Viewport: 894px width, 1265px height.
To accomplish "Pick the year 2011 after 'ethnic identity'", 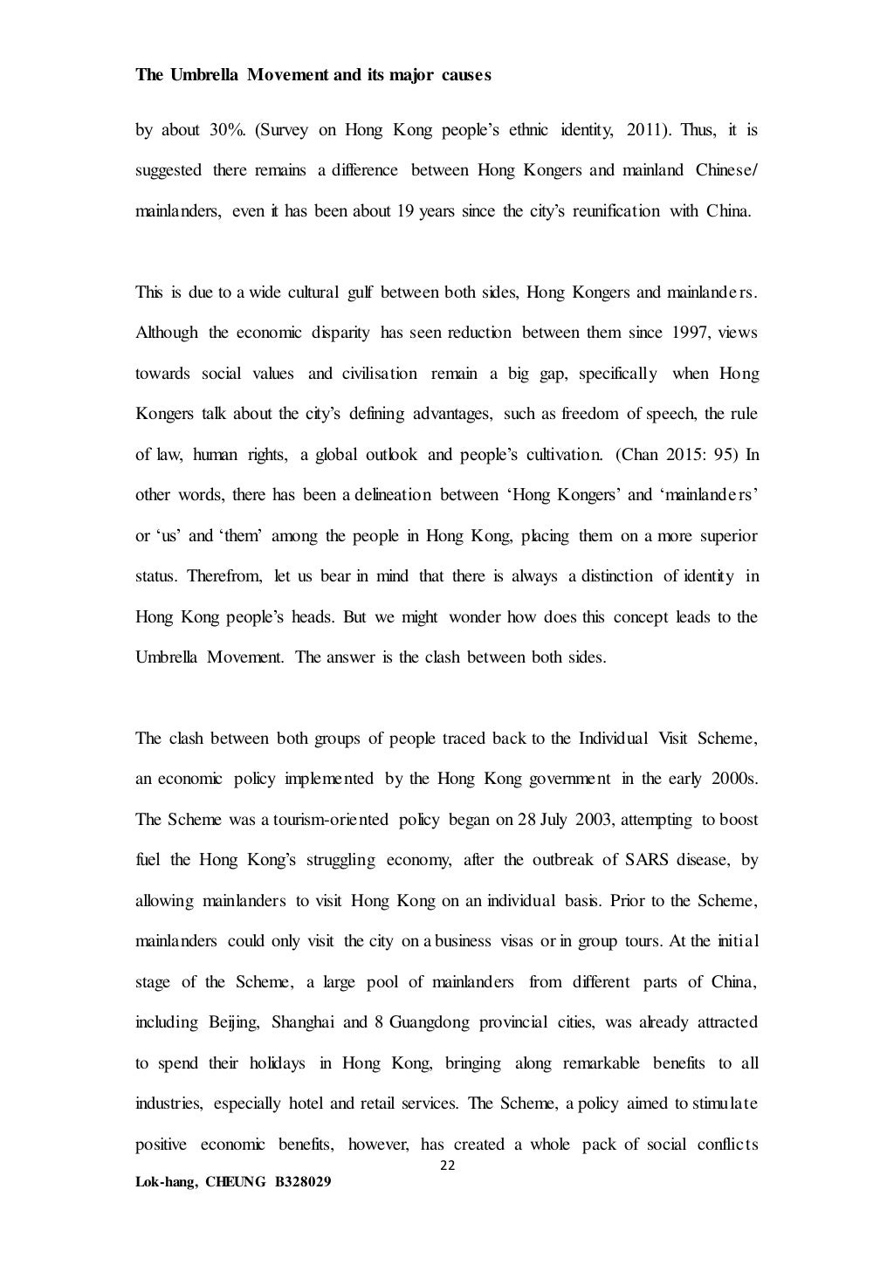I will click(x=647, y=131).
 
